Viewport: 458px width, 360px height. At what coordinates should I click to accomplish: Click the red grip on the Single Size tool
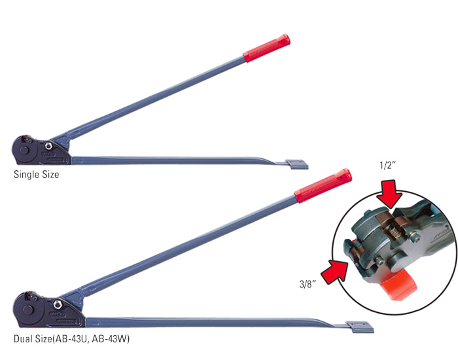(x=266, y=48)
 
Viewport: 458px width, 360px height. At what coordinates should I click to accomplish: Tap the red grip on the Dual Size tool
(x=323, y=185)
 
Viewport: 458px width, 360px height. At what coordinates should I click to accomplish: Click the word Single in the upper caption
(x=26, y=175)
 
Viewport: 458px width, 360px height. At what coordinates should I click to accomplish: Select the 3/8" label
(x=307, y=283)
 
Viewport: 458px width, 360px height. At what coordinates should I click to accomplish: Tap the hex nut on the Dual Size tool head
(x=58, y=304)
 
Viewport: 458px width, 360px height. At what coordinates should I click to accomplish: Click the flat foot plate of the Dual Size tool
(x=359, y=325)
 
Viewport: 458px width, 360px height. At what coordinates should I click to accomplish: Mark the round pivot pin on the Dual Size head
(x=28, y=310)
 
